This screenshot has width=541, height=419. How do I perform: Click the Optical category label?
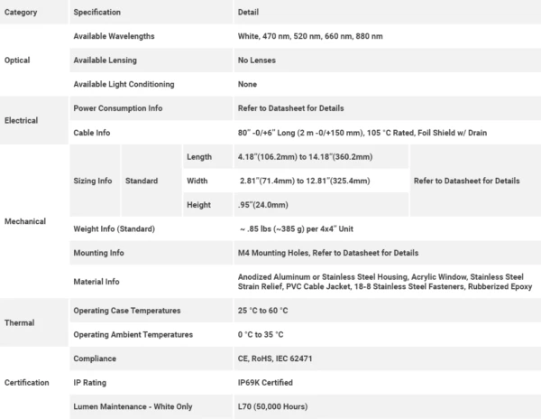click(18, 60)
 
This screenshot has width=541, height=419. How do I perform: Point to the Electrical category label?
click(22, 120)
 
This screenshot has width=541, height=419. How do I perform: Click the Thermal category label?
click(19, 321)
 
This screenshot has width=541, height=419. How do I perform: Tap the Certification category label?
click(27, 383)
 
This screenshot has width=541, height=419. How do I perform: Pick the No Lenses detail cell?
click(256, 60)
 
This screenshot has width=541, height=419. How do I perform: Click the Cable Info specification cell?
click(92, 133)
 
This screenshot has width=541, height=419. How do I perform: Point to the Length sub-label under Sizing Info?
click(199, 157)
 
